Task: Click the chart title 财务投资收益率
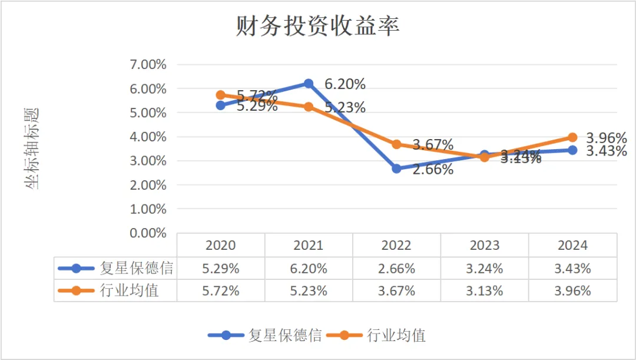coord(317,27)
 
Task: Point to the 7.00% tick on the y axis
coord(147,64)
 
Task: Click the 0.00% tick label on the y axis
coord(147,233)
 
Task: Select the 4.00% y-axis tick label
coord(147,137)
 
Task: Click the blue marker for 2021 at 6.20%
coord(309,84)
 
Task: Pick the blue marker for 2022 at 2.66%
coord(396,169)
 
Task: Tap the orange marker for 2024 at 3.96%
coord(572,137)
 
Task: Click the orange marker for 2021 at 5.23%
coord(309,107)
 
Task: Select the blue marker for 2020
coord(221,105)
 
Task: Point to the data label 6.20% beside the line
coord(345,84)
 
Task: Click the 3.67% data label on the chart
coord(433,145)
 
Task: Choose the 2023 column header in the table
coord(485,245)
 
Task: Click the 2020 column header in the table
coord(221,245)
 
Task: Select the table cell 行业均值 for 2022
coord(396,290)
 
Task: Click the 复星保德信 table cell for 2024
coord(572,268)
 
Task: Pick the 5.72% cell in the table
coord(221,290)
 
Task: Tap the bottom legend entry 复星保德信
coord(285,335)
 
